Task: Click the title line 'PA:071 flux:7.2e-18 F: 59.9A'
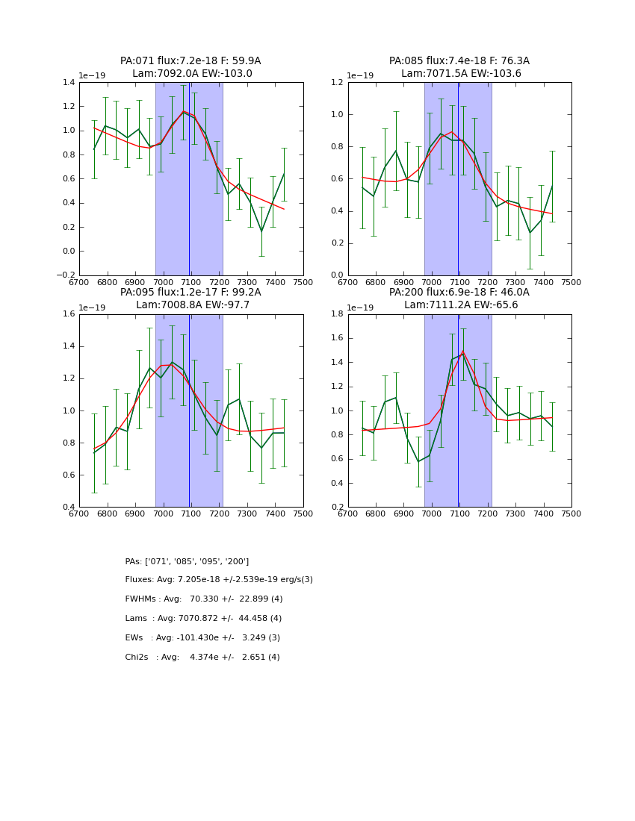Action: coord(190,61)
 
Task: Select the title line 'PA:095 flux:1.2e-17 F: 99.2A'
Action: coord(190,293)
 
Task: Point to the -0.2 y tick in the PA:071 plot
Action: coord(66,275)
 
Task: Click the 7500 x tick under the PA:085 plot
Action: coord(571,283)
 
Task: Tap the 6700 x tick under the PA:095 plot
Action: coord(79,514)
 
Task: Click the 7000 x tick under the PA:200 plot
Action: coord(432,514)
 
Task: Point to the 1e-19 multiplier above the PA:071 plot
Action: coord(93,76)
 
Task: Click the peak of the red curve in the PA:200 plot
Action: coord(462,352)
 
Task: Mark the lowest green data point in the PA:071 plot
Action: coord(261,231)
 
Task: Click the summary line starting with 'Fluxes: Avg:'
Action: coord(219,580)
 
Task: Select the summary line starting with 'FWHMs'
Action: coord(203,599)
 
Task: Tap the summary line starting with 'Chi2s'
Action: coord(202,658)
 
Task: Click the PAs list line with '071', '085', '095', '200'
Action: coord(187,561)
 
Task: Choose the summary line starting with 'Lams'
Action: coord(203,619)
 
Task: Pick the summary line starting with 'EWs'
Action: coord(202,638)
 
